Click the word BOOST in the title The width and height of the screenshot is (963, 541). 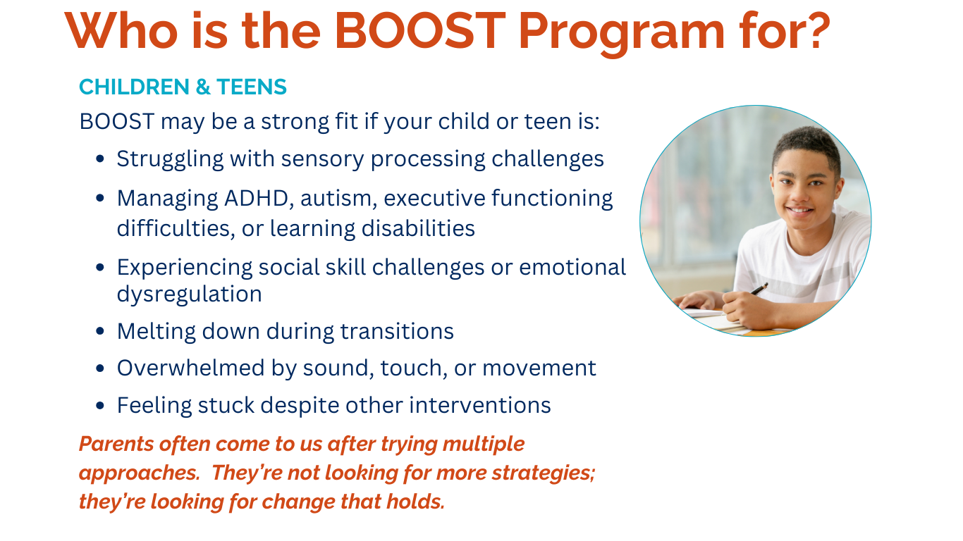click(420, 30)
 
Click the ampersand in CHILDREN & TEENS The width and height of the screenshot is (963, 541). click(203, 87)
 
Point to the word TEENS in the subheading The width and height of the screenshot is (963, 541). click(252, 87)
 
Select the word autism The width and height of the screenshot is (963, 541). click(338, 199)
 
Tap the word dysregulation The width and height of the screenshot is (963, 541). click(189, 294)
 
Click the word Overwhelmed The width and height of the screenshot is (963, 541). click(190, 368)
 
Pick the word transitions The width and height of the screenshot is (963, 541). click(397, 331)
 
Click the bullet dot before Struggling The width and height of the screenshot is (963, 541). click(100, 159)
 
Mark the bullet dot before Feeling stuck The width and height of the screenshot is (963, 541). click(100, 405)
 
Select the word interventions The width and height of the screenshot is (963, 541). click(480, 405)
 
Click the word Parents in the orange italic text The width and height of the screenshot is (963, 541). click(116, 444)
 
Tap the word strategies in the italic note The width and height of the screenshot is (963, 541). click(544, 473)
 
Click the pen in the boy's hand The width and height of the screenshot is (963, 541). click(759, 288)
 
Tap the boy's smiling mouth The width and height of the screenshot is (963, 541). click(799, 210)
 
